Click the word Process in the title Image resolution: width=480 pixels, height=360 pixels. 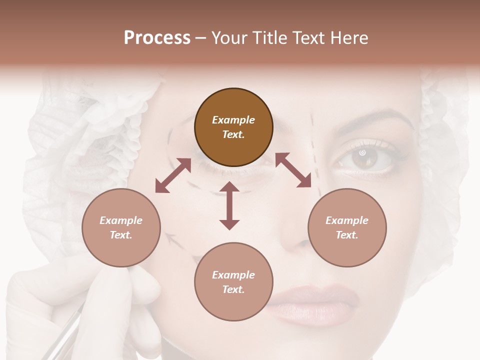157,38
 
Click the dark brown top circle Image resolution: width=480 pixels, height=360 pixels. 233,127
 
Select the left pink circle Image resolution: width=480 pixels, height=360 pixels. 121,228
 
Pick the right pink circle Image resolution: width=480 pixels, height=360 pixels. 347,228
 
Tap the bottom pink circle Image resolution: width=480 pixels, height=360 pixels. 233,282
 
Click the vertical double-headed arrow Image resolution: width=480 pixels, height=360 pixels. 229,205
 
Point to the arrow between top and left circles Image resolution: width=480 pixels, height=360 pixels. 173,175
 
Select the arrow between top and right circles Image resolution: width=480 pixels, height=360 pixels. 293,170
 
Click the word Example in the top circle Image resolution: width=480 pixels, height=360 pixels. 233,120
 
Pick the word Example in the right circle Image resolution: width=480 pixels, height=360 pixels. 347,220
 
